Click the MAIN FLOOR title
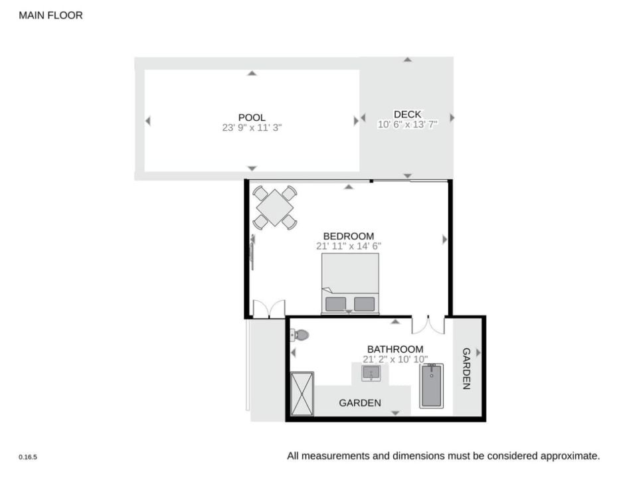pyautogui.click(x=51, y=15)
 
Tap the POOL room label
pyautogui.click(x=252, y=118)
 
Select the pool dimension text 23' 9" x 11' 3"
pyautogui.click(x=252, y=127)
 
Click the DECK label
pyautogui.click(x=407, y=114)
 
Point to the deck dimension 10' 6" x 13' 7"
pyautogui.click(x=407, y=124)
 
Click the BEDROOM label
pyautogui.click(x=349, y=236)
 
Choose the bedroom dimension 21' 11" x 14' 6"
pyautogui.click(x=349, y=246)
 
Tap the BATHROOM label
pyautogui.click(x=395, y=349)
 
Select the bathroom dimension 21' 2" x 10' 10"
pyautogui.click(x=395, y=359)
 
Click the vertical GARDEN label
pyautogui.click(x=466, y=368)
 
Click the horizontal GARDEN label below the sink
pyautogui.click(x=360, y=403)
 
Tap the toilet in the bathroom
pyautogui.click(x=300, y=335)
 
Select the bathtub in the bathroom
pyautogui.click(x=432, y=386)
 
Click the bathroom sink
pyautogui.click(x=371, y=373)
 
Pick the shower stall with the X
pyautogui.click(x=302, y=394)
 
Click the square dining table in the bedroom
pyautogui.click(x=275, y=208)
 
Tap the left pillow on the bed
pyautogui.click(x=336, y=304)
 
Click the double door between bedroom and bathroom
pyautogui.click(x=428, y=325)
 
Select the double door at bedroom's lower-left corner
pyautogui.click(x=269, y=309)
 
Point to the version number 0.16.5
pyautogui.click(x=28, y=457)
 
